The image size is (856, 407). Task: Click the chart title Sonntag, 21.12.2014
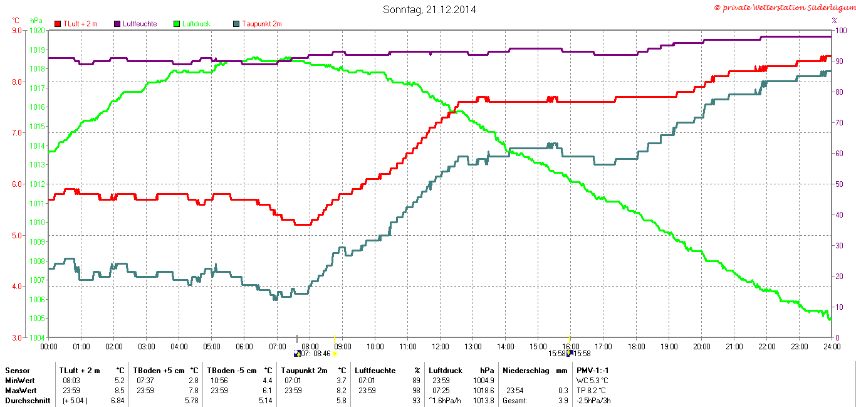(x=429, y=9)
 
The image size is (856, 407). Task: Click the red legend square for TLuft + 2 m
(x=58, y=24)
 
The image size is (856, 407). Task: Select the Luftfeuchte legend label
(x=140, y=24)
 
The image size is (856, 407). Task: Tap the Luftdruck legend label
(x=196, y=24)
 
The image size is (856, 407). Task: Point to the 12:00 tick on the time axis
(x=441, y=346)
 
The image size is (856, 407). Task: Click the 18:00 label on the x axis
(x=636, y=346)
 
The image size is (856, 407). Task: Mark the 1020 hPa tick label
(x=38, y=30)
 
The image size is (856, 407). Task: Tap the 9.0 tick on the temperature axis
(x=16, y=30)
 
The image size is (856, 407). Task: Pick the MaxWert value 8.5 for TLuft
(x=120, y=391)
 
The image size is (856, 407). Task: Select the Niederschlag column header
(x=525, y=371)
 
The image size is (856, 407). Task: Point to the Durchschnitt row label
(x=28, y=401)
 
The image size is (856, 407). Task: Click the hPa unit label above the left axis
(x=36, y=21)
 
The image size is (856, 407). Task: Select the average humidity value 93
(x=416, y=401)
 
